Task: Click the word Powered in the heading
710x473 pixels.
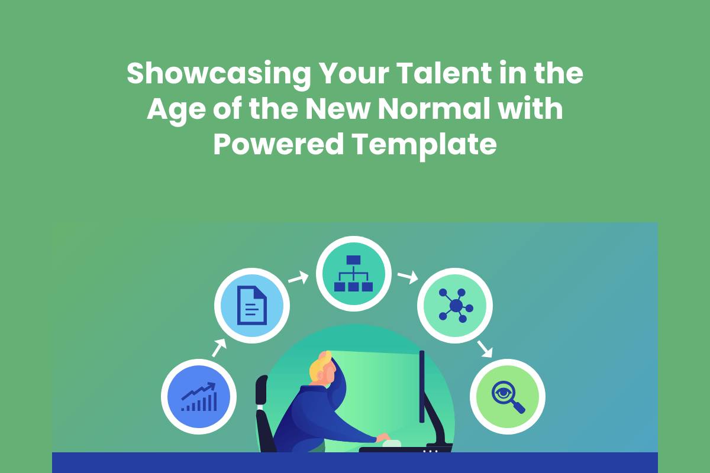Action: click(279, 144)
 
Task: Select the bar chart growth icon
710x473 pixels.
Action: click(199, 397)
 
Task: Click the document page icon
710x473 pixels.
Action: click(252, 306)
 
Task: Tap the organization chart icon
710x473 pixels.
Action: click(353, 273)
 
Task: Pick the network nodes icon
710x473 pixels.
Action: click(456, 306)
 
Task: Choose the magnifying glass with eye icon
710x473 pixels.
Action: click(508, 397)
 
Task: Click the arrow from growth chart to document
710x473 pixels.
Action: click(219, 348)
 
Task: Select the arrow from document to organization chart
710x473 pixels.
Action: click(298, 278)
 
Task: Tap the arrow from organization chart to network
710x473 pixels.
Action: click(408, 277)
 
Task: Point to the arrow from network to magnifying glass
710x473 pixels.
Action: click(485, 349)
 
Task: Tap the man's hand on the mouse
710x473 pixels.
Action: click(383, 437)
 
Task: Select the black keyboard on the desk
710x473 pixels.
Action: click(406, 449)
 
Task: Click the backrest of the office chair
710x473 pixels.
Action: click(262, 390)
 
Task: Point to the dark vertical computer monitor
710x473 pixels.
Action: click(422, 386)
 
